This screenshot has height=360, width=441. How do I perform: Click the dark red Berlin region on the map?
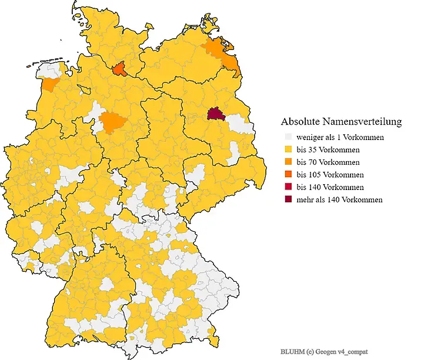216,114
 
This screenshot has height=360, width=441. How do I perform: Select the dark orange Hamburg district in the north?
119,70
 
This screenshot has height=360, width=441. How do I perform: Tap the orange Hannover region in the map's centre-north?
110,122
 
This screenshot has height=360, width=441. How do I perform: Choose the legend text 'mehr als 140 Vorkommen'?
340,199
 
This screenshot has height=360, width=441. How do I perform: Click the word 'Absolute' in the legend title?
300,122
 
